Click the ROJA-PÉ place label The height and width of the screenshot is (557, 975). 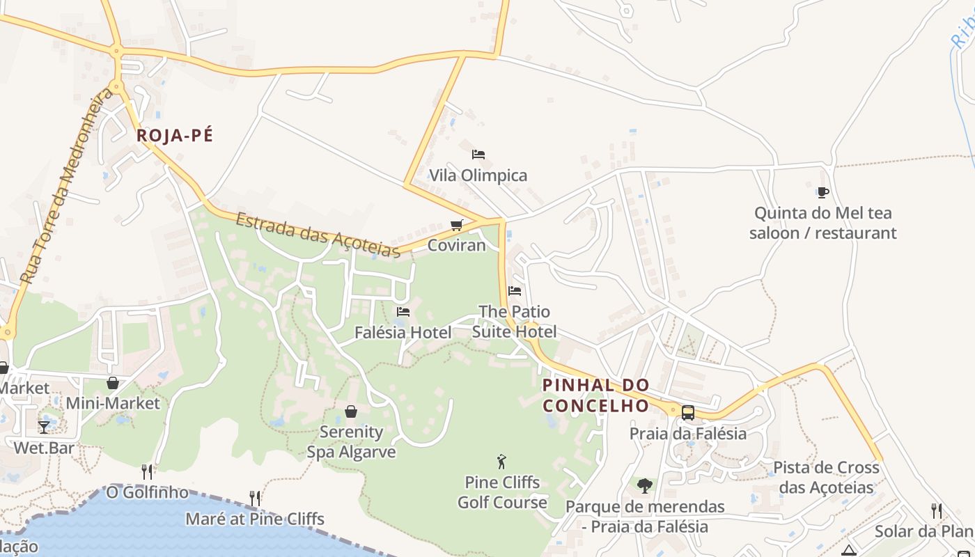[175, 136]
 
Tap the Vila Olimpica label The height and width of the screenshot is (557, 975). [478, 175]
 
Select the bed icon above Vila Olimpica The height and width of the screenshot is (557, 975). [478, 155]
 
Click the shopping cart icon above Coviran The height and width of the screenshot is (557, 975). [456, 225]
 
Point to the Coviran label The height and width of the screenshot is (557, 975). [456, 245]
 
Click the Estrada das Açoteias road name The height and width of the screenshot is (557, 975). [318, 235]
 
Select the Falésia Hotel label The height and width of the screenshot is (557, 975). [403, 333]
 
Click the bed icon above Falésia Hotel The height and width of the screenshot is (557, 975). [403, 312]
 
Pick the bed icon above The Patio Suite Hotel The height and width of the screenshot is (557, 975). [515, 290]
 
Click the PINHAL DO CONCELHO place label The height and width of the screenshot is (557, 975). [595, 395]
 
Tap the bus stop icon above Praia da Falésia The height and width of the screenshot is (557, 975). [688, 412]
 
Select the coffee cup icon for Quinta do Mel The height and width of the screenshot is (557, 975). [822, 192]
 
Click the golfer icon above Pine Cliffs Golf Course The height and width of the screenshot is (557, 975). [501, 461]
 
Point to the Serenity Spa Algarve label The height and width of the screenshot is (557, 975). [351, 442]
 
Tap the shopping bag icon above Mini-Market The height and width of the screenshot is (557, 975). [113, 383]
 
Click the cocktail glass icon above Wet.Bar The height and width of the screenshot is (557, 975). [44, 427]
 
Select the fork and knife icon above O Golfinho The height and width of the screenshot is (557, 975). [147, 471]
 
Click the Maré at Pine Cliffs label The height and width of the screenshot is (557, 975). [255, 519]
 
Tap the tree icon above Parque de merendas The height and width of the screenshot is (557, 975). [645, 485]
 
